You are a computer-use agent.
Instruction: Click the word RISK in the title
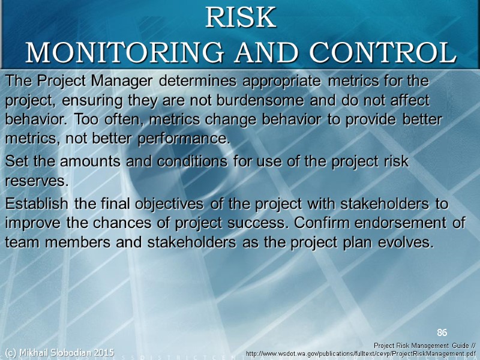pyautogui.click(x=240, y=18)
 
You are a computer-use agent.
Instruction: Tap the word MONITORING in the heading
pyautogui.click(x=104, y=53)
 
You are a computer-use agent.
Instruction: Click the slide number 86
pyautogui.click(x=442, y=332)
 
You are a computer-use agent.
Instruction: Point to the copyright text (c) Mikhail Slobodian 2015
pyautogui.click(x=59, y=352)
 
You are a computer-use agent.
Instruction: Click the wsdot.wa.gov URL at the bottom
pyautogui.click(x=362, y=354)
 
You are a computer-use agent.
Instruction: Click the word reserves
pyautogui.click(x=36, y=181)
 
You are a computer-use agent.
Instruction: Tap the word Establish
pyautogui.click(x=38, y=203)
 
